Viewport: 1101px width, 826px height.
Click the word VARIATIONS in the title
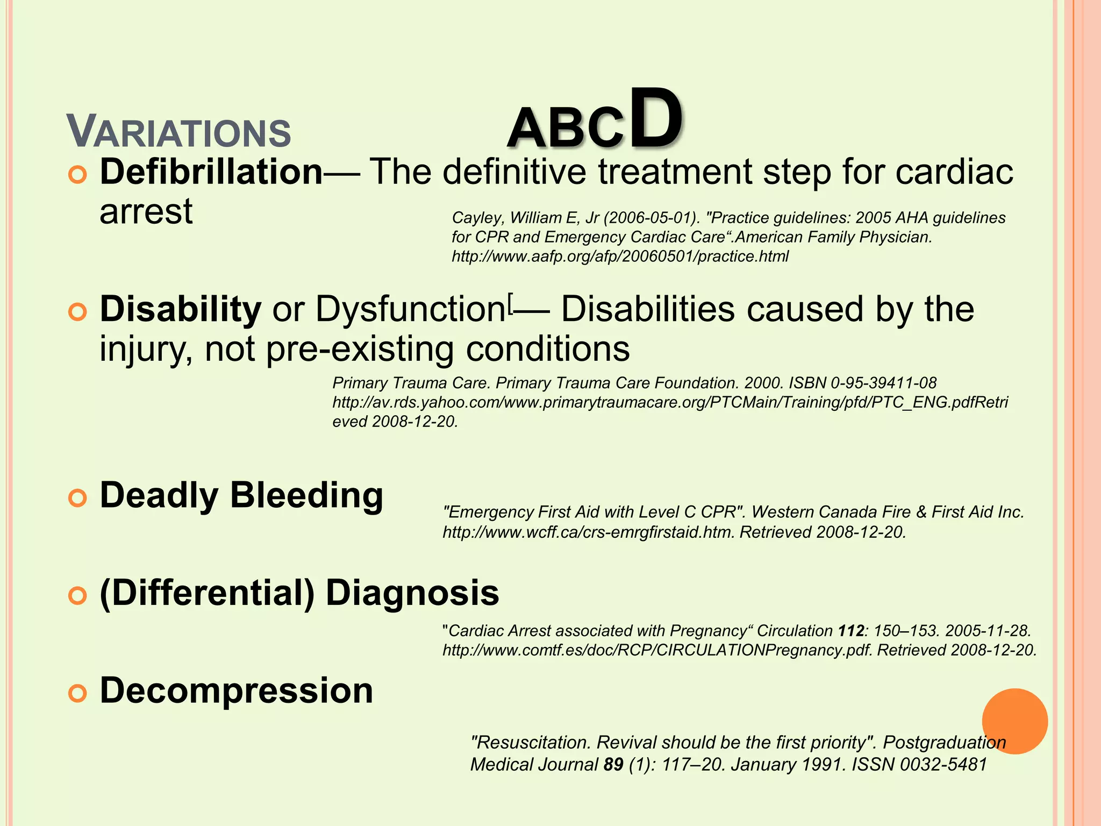tap(178, 132)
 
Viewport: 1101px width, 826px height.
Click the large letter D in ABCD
tap(655, 119)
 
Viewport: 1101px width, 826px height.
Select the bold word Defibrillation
tap(211, 172)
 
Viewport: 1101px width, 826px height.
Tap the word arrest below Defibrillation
tap(146, 212)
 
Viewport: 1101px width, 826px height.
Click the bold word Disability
tap(181, 310)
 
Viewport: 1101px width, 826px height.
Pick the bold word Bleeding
tap(306, 495)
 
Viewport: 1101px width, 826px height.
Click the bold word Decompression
tap(237, 690)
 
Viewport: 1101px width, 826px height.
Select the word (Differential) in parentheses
tap(207, 593)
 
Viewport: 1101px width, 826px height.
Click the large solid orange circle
tap(1014, 721)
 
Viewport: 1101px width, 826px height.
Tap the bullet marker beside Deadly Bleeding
tap(77, 499)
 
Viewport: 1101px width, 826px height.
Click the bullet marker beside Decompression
tap(77, 694)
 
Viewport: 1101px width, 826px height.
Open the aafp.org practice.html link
tap(620, 257)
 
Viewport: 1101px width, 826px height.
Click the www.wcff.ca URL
tap(588, 532)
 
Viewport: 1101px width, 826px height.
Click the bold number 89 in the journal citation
tap(613, 764)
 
